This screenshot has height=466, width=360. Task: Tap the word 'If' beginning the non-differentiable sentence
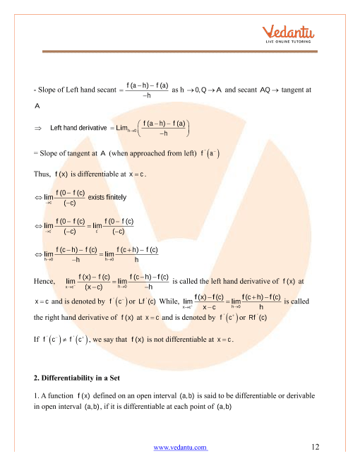click(x=36, y=340)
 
